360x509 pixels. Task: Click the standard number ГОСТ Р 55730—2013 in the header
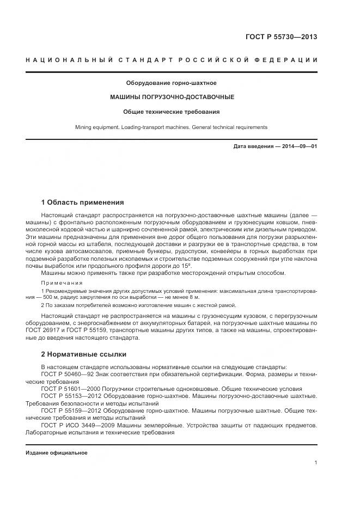(x=281, y=37)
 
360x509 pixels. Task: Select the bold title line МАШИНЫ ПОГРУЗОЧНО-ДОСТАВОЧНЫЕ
(x=172, y=97)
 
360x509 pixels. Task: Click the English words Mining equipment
(x=96, y=127)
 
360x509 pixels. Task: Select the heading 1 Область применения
(x=82, y=202)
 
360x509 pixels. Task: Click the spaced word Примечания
(x=62, y=283)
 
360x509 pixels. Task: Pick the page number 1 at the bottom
(x=315, y=463)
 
